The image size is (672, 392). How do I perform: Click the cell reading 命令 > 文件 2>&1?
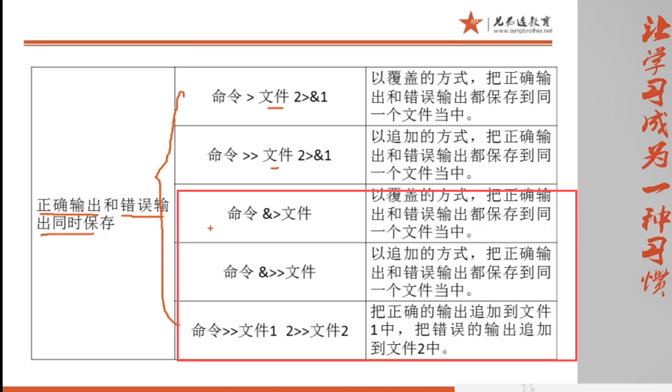click(269, 97)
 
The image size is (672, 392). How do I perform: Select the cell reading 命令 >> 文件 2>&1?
click(269, 156)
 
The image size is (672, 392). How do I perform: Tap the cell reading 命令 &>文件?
click(269, 213)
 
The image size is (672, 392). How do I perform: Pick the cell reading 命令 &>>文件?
click(269, 272)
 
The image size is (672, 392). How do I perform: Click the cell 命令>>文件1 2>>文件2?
click(269, 331)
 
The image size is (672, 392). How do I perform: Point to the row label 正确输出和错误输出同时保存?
click(103, 213)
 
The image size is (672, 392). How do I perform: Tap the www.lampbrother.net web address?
click(523, 31)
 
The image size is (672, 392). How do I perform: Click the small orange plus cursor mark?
click(210, 229)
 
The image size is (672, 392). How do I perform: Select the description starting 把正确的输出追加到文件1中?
click(461, 330)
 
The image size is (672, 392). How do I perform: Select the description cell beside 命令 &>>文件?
click(461, 272)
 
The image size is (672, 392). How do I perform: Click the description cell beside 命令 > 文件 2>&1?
click(461, 97)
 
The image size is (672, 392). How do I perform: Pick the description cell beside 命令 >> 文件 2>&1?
click(461, 156)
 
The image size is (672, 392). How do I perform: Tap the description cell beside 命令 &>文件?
click(461, 213)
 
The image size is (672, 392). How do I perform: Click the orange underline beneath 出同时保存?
click(67, 234)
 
